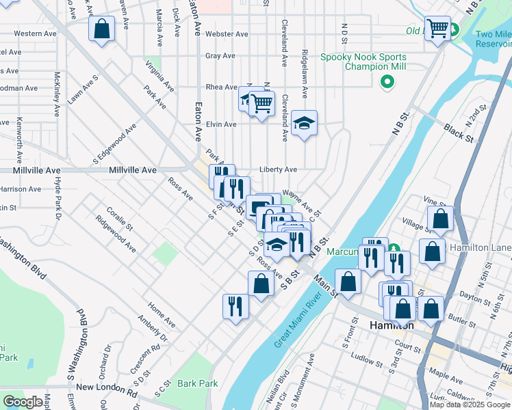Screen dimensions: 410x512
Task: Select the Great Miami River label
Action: [x=298, y=322]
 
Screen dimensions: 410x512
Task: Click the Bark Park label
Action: [x=198, y=383]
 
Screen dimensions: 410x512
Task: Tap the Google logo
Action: [x=22, y=402]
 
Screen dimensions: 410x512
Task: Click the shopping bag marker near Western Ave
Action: [x=101, y=29]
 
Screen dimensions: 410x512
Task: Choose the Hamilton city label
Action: [x=392, y=326]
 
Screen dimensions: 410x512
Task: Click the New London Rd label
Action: [x=107, y=387]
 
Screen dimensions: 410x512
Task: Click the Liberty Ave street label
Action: [x=278, y=169]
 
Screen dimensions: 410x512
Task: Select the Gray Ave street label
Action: [x=220, y=56]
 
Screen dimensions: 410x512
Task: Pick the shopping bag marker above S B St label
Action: [x=261, y=283]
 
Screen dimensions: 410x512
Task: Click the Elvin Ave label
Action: [x=221, y=124]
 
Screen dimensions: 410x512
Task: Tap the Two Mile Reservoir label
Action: [x=494, y=39]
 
